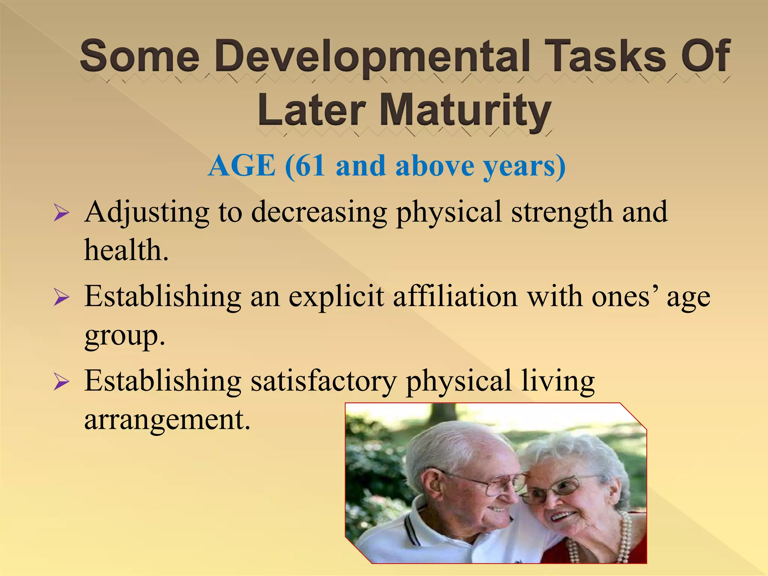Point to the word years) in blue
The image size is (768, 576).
[523, 166]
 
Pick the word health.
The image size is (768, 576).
[126, 250]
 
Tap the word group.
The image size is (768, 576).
[124, 336]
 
